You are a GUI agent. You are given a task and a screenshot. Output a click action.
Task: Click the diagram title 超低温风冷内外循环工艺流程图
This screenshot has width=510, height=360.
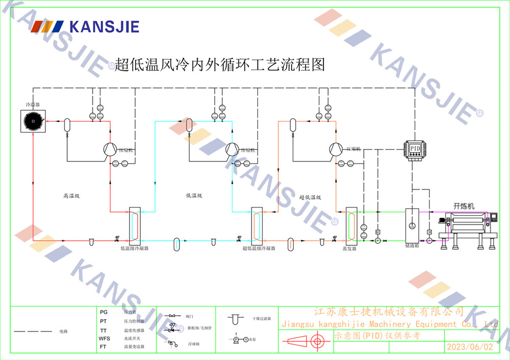pyautogui.click(x=220, y=64)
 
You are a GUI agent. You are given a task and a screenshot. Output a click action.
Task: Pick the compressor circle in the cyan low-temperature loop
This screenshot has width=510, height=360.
pyautogui.click(x=232, y=149)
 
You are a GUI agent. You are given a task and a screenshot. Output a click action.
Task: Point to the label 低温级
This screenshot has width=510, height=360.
pyautogui.click(x=194, y=195)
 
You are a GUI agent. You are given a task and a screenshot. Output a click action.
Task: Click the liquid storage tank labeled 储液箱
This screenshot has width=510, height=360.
pyautogui.click(x=412, y=224)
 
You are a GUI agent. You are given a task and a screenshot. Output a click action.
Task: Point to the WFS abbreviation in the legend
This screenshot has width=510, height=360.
pyautogui.click(x=104, y=339)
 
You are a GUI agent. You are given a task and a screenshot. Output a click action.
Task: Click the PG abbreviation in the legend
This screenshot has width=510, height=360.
pyautogui.click(x=104, y=311)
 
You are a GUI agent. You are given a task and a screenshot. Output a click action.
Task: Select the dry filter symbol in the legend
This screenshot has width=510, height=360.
pyautogui.click(x=235, y=319)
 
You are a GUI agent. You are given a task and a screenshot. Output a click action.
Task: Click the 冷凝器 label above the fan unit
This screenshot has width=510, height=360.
pyautogui.click(x=33, y=104)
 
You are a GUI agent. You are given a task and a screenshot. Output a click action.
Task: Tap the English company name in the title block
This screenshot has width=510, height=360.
pyautogui.click(x=390, y=324)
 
